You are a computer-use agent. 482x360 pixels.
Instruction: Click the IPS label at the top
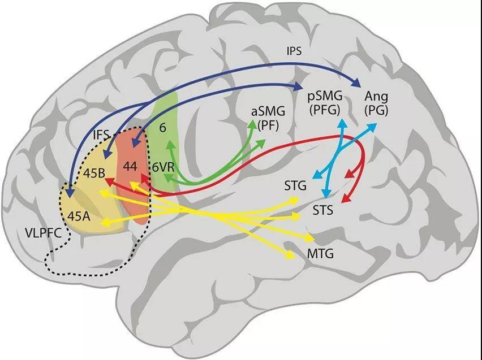[294, 51]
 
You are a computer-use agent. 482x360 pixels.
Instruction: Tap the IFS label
[101, 135]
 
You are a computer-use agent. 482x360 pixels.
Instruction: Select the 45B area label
[94, 174]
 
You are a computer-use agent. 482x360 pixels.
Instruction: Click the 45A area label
[79, 216]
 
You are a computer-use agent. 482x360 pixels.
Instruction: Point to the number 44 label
[130, 166]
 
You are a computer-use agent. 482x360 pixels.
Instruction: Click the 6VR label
[163, 167]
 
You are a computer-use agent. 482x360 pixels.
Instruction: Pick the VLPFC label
[43, 233]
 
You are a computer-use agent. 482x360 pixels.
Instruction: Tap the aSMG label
[268, 111]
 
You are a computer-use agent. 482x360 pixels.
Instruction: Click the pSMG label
[325, 96]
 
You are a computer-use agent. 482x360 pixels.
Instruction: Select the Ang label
[376, 97]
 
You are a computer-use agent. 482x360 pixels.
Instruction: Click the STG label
[295, 186]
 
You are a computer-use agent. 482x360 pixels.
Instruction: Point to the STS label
[323, 210]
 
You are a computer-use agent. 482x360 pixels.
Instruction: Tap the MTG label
[320, 254]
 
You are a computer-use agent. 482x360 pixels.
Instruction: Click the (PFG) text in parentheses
[324, 110]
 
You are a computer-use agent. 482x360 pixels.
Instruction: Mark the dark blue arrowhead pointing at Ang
[356, 83]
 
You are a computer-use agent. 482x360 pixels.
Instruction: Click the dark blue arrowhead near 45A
[70, 192]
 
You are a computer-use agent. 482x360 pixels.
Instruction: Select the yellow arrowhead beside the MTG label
[292, 255]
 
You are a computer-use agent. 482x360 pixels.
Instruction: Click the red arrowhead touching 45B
[109, 181]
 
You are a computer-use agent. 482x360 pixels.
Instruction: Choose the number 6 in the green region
[162, 127]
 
